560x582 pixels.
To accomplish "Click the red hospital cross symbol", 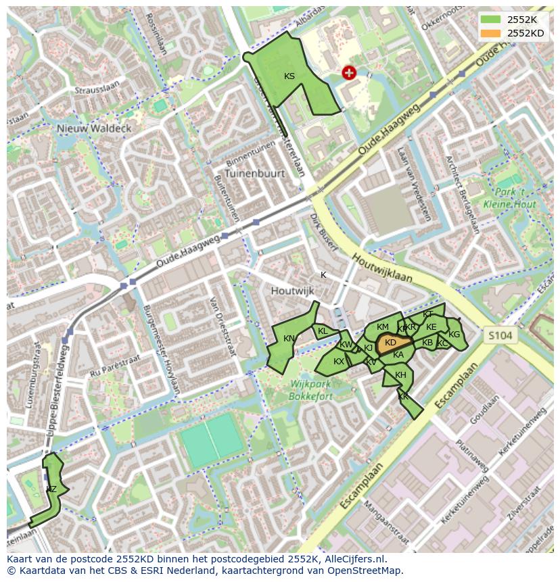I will click(x=349, y=73).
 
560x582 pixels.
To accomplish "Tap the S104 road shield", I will click(x=500, y=335).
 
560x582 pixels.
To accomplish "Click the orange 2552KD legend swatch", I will click(x=491, y=33).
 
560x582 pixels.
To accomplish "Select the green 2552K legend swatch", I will click(x=491, y=20).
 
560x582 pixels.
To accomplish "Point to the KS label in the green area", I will click(x=289, y=76).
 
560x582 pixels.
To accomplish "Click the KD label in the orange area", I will click(x=390, y=343).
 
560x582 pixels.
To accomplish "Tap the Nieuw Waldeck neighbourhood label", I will click(x=94, y=128).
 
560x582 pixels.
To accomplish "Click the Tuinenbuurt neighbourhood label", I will click(x=256, y=173).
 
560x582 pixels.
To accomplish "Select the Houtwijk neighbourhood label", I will click(x=293, y=291).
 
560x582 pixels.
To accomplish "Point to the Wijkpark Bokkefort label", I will click(x=310, y=390).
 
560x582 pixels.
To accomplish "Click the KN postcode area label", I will click(x=289, y=339).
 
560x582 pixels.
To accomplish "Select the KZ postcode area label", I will click(x=51, y=489).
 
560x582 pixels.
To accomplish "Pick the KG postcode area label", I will click(x=454, y=335).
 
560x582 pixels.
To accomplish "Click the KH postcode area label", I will click(x=400, y=375).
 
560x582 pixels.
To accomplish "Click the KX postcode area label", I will click(x=339, y=362).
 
